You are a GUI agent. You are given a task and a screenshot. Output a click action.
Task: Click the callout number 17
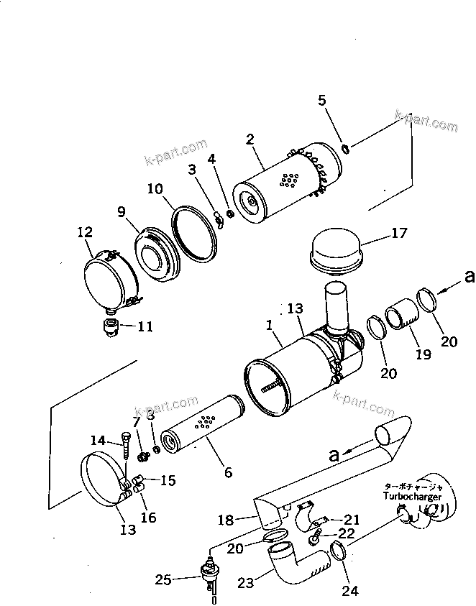tap(399, 234)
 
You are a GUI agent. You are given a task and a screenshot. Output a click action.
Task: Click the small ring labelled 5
tap(346, 149)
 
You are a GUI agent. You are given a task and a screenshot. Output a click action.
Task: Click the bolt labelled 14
tap(127, 446)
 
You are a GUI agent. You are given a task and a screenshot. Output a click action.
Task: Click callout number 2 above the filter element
tap(250, 139)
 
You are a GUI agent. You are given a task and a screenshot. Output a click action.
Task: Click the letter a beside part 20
tap(470, 276)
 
